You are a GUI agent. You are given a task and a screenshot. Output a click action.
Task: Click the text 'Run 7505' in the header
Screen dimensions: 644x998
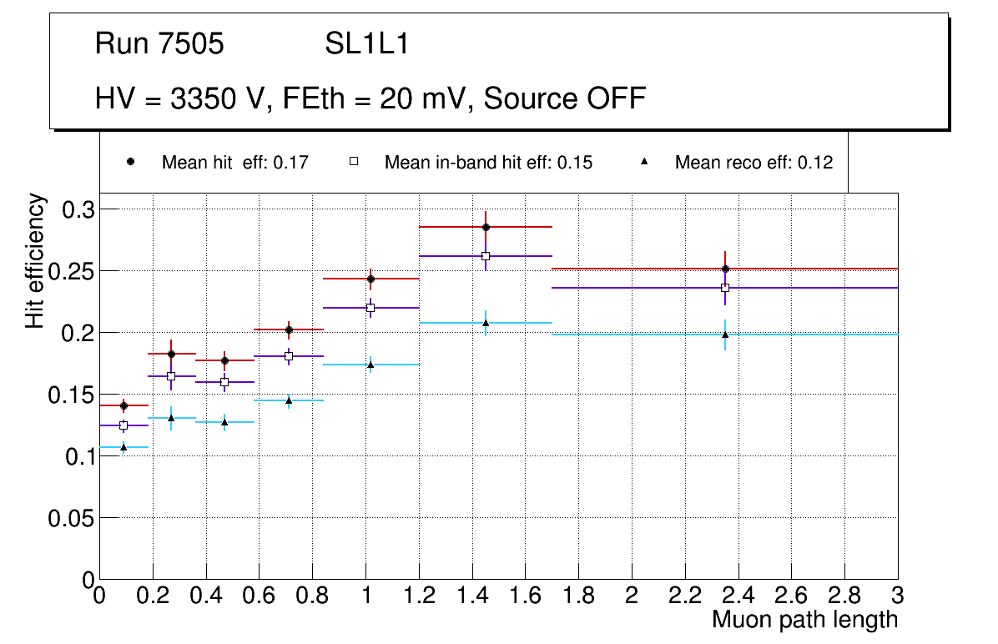[x=159, y=44]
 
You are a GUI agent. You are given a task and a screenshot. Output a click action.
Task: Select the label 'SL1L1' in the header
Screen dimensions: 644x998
[x=367, y=44]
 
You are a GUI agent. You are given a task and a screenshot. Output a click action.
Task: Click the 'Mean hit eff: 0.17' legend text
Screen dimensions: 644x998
[x=235, y=163]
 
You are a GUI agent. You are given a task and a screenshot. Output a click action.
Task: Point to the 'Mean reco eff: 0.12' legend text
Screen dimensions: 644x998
[x=754, y=163]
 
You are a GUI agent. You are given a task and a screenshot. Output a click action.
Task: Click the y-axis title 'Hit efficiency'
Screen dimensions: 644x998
[x=35, y=261]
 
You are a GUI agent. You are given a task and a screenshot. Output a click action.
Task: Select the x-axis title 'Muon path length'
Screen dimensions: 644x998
[x=804, y=620]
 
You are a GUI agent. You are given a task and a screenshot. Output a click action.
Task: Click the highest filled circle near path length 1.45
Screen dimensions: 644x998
[x=486, y=227]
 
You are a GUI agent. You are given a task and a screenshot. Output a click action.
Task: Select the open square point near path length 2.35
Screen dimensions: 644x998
[x=725, y=288]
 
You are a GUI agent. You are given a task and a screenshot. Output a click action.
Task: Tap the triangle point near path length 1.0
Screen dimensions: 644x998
[x=370, y=365]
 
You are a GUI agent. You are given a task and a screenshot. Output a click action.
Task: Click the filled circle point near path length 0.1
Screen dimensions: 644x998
[x=123, y=405]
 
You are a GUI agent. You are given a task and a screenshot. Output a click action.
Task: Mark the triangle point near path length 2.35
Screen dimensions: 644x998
[x=725, y=335]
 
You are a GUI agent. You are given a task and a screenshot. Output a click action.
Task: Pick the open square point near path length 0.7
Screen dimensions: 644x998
[x=289, y=356]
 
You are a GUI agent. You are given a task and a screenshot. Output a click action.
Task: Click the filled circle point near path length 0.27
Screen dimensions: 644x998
[x=171, y=354]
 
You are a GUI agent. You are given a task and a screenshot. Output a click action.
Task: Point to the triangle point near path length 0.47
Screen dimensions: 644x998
[x=224, y=422]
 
